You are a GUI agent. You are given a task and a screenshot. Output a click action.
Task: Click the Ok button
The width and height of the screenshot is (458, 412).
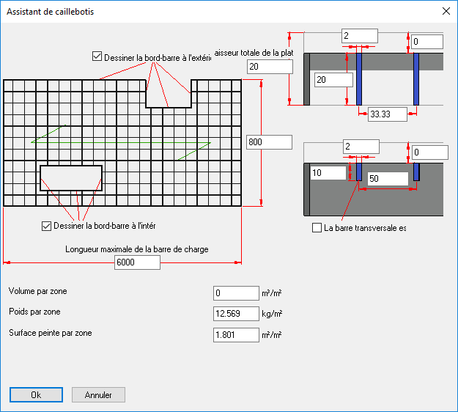click(36, 394)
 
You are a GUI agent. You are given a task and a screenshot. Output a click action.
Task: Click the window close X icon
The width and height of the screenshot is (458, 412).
click(446, 11)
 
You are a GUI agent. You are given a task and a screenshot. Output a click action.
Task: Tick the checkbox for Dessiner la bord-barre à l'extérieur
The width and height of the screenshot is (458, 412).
click(97, 56)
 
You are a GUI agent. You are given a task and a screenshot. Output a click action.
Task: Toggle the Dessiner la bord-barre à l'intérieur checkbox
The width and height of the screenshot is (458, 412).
click(46, 226)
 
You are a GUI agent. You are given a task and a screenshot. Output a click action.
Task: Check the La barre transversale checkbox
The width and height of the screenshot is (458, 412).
click(317, 227)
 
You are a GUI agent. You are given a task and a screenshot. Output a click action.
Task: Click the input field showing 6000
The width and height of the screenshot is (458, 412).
click(137, 262)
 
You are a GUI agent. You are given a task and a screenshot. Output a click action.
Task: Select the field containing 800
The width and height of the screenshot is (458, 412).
click(270, 142)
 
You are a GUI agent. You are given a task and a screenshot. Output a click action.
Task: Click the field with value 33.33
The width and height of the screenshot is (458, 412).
click(388, 114)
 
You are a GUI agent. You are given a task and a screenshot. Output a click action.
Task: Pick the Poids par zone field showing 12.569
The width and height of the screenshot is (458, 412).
click(236, 314)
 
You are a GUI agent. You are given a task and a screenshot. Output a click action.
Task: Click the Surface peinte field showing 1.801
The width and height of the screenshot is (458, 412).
click(236, 335)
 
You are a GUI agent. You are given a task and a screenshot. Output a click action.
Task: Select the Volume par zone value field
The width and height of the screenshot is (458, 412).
click(236, 293)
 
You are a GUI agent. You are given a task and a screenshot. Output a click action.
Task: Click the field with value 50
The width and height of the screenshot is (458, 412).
click(388, 179)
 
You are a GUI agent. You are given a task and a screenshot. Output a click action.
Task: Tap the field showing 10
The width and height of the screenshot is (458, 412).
click(328, 173)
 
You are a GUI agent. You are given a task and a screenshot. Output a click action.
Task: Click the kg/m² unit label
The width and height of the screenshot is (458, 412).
click(272, 314)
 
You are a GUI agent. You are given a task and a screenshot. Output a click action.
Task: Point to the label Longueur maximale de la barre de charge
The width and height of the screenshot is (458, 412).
click(137, 249)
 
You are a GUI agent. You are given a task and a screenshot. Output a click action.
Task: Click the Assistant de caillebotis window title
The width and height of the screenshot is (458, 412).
click(51, 12)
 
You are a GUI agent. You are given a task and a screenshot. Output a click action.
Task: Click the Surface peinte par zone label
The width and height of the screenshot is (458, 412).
click(51, 333)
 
